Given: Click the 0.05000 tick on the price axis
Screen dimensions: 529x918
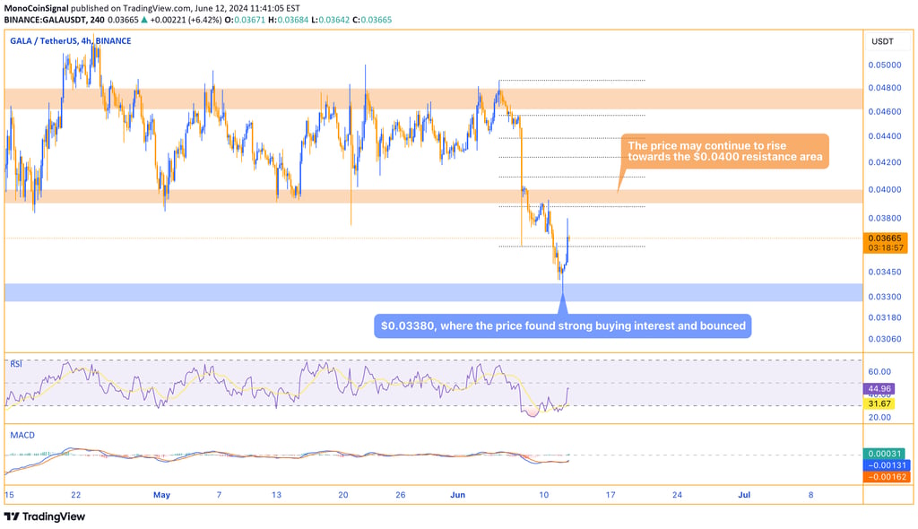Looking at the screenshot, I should point(884,65).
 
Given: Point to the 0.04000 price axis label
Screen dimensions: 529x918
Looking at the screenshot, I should point(884,189).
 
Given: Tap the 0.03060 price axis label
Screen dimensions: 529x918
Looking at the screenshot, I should point(884,339).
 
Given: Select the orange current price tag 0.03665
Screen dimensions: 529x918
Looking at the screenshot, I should point(884,238).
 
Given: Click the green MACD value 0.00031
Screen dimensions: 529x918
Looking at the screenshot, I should point(883,455).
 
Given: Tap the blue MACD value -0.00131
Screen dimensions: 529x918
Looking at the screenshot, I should point(883,465).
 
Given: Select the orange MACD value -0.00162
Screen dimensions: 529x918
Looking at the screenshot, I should point(883,476).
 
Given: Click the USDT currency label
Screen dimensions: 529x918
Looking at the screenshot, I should point(882,41).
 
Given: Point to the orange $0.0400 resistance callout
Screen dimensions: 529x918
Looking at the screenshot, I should point(725,152).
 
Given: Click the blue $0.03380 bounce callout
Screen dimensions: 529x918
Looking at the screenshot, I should point(562,325).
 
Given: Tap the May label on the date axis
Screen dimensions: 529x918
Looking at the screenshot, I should point(161,494).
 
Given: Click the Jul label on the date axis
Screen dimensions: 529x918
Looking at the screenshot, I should point(745,494).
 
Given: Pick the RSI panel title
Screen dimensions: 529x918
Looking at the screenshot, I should point(16,364).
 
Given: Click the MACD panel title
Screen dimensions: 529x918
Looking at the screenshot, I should point(22,435).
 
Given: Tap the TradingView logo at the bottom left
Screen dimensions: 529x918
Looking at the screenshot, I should point(45,516).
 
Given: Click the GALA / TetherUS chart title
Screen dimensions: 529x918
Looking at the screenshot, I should point(70,41).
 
